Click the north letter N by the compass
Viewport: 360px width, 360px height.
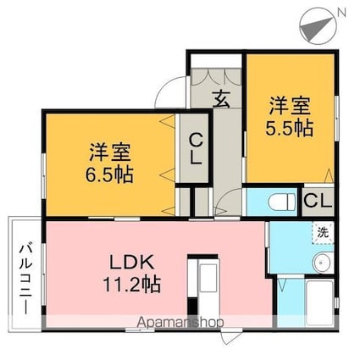[341, 13]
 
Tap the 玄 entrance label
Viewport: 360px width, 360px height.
[220, 98]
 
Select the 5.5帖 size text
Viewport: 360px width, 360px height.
[291, 129]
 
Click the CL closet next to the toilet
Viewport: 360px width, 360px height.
[316, 201]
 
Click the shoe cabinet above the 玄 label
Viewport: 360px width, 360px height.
[215, 71]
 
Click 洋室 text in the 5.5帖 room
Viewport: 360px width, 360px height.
[291, 107]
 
